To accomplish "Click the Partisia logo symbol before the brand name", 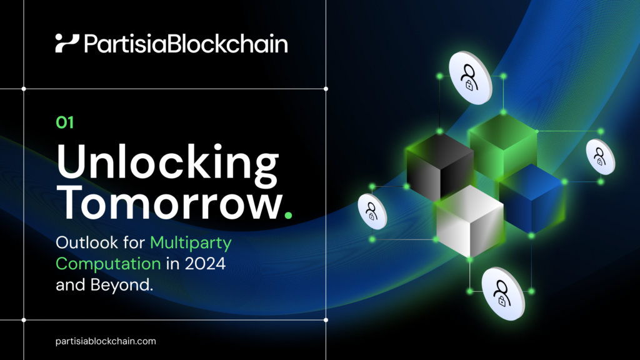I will (x=67, y=43).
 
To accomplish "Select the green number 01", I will (x=65, y=123).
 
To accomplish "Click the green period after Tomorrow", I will (x=287, y=216).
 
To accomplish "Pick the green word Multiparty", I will (x=190, y=241).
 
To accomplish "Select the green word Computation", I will (x=108, y=263).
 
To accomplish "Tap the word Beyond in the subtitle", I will (x=122, y=286).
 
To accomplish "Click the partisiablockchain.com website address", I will (x=106, y=341).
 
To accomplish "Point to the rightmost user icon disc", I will (x=600, y=155).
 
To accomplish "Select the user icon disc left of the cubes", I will (x=372, y=211).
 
